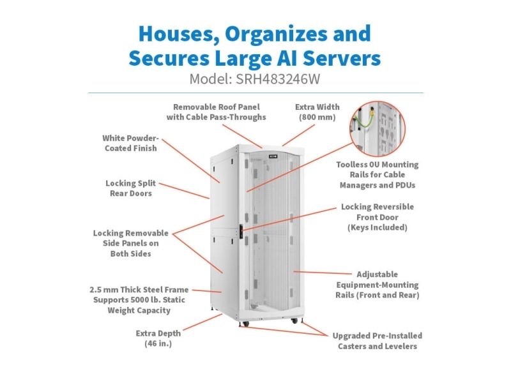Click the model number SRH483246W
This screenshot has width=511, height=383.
(x=278, y=79)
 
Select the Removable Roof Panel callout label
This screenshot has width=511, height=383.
(x=216, y=112)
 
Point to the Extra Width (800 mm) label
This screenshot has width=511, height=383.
(x=317, y=112)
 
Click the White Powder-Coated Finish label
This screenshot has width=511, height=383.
(x=131, y=143)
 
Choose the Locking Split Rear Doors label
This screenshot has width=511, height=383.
(x=131, y=188)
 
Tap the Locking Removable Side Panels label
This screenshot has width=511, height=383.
(x=131, y=243)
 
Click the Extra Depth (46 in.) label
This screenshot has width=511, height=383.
(x=158, y=338)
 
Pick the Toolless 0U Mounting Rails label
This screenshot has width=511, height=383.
(x=378, y=175)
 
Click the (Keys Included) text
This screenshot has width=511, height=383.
(x=378, y=227)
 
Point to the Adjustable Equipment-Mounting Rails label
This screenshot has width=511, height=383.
(x=378, y=285)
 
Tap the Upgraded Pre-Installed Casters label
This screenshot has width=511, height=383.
(x=378, y=341)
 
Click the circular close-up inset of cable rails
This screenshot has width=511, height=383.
(x=378, y=129)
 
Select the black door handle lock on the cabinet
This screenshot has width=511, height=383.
(x=241, y=232)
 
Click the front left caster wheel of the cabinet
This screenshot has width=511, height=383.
(x=245, y=324)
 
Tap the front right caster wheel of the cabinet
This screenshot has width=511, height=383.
(x=294, y=321)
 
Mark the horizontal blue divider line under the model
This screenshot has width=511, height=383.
(x=256, y=93)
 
